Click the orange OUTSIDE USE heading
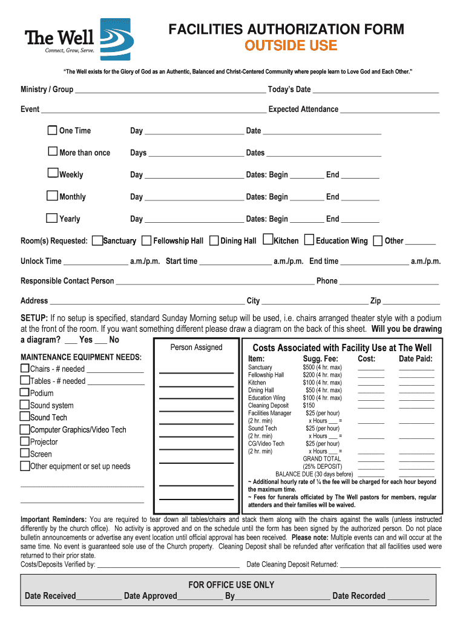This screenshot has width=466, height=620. click(290, 45)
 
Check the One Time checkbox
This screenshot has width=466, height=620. click(53, 130)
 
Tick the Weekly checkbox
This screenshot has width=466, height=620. click(53, 174)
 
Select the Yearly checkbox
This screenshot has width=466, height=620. click(53, 218)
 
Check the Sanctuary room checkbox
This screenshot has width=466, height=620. click(97, 240)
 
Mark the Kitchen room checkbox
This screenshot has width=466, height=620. click(269, 240)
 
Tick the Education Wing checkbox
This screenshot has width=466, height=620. click(309, 240)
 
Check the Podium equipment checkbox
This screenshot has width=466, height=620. click(25, 393)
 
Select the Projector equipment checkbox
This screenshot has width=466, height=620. click(25, 441)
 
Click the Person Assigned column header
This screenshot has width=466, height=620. click(196, 347)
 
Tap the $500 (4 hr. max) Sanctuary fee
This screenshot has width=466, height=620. click(322, 368)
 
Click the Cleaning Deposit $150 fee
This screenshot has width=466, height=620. click(309, 406)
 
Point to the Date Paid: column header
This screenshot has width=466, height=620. click(415, 359)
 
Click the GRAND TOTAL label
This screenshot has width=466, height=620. click(322, 459)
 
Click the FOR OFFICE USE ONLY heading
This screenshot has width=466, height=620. click(231, 585)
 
